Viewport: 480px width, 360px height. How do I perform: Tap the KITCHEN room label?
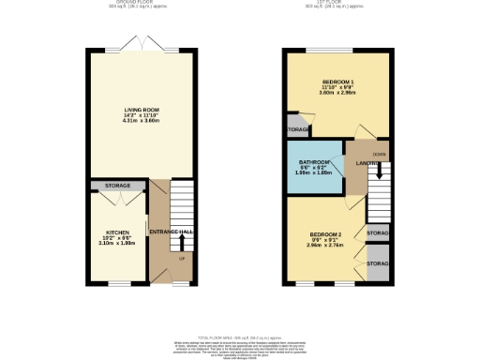[117, 232]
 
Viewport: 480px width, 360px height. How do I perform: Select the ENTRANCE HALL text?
[173, 232]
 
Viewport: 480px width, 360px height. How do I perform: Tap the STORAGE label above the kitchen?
[117, 186]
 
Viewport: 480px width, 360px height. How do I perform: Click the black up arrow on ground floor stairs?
[181, 241]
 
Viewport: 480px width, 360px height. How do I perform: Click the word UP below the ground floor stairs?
[181, 259]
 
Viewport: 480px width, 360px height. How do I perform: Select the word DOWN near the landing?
[380, 153]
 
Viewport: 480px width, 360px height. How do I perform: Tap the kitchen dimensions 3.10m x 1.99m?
[117, 244]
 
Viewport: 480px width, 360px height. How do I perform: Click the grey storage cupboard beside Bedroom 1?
[297, 129]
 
